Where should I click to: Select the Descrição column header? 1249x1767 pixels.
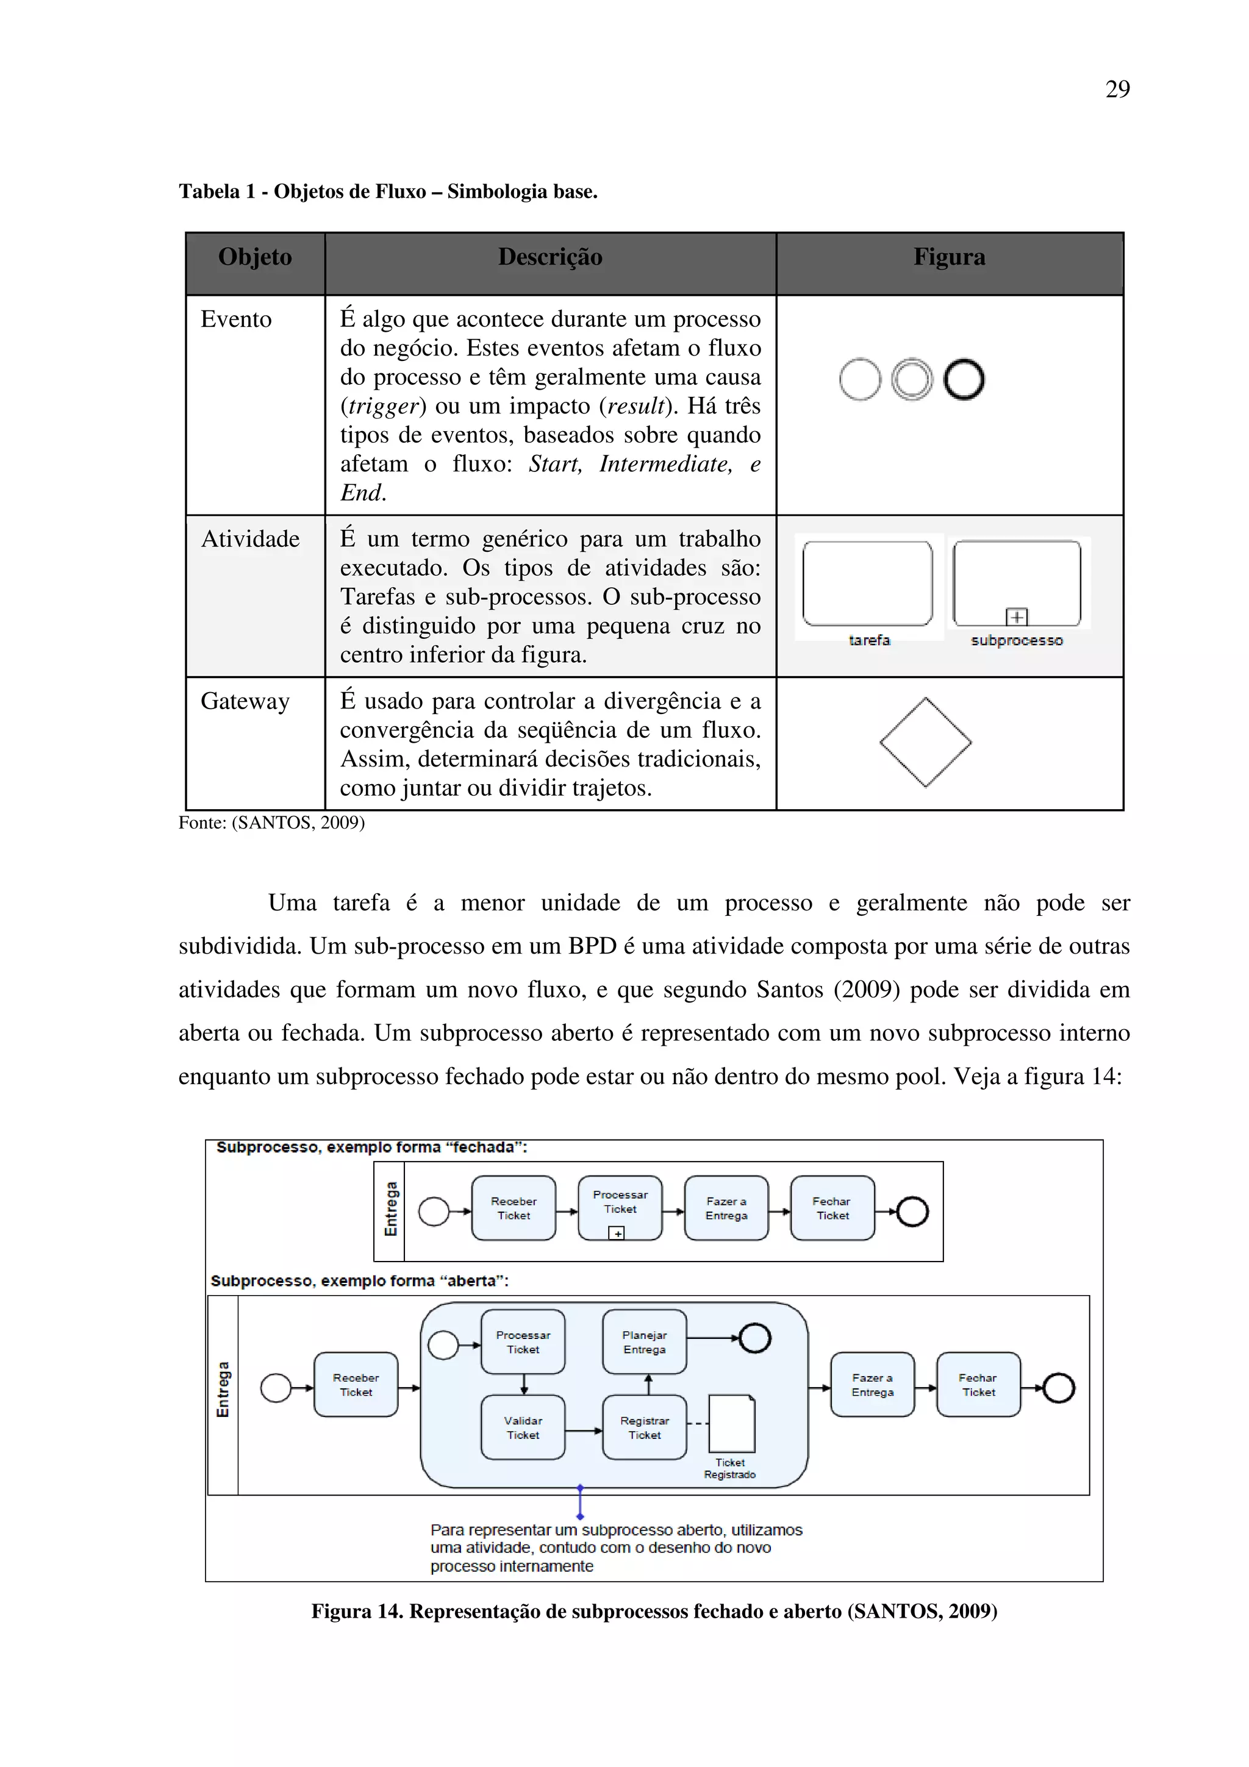point(549,257)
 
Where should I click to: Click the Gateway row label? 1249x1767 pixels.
point(245,701)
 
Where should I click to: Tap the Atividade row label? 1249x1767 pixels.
point(250,539)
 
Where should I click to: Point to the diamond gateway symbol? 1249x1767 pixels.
point(925,743)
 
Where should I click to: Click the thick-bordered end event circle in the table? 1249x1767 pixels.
point(964,379)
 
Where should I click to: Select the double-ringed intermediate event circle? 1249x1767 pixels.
point(911,379)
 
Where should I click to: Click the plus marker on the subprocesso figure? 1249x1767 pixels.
point(1017,616)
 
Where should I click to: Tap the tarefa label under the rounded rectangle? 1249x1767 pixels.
point(869,640)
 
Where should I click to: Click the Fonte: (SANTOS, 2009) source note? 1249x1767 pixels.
point(271,823)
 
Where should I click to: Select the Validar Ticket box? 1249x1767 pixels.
point(523,1427)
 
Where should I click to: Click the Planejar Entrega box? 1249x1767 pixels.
point(644,1342)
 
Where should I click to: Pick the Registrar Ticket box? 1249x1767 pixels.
point(644,1427)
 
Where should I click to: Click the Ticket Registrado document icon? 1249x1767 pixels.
point(731,1424)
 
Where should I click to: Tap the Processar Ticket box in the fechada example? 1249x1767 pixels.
point(620,1207)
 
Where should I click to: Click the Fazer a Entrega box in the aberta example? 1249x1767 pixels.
point(872,1385)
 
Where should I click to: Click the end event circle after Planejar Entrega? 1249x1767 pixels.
point(755,1338)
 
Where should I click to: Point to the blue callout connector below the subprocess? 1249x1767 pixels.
point(579,1502)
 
